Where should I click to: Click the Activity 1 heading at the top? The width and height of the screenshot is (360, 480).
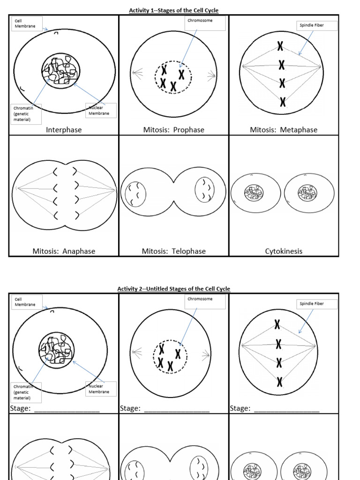coord(174,10)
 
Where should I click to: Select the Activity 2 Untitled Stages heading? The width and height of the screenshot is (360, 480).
coord(174,289)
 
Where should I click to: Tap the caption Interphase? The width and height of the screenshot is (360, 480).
coord(64,130)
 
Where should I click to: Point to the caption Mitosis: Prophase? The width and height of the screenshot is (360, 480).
coord(174,130)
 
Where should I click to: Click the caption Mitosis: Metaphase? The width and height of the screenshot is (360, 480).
coord(284,130)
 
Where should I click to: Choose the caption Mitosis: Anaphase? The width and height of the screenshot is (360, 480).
coord(64,251)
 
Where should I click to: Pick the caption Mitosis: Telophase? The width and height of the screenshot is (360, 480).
coord(174,251)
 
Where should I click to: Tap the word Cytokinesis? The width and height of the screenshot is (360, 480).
coord(284,251)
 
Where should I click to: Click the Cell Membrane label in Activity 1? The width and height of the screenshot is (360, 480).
coord(26,23)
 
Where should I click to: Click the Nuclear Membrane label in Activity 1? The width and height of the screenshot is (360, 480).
coord(100,110)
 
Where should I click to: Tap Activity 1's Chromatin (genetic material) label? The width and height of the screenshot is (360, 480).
coord(26,114)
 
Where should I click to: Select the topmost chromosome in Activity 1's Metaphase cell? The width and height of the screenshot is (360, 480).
coord(280,46)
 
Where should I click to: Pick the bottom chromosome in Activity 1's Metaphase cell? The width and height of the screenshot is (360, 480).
coord(282,101)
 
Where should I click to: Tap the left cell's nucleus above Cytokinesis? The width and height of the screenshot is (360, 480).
coord(254,192)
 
